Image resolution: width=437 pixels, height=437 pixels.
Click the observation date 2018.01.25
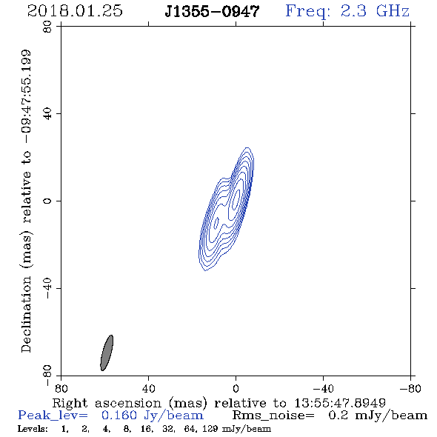pyautogui.click(x=75, y=11)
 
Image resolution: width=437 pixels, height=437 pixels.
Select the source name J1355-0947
pyautogui.click(x=212, y=12)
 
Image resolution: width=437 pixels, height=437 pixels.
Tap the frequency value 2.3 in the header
pyautogui.click(x=353, y=11)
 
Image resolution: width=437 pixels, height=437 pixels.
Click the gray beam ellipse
pyautogui.click(x=107, y=353)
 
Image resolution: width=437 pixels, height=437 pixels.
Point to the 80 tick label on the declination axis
pyautogui.click(x=47, y=27)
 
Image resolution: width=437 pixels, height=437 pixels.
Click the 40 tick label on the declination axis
pyautogui.click(x=47, y=114)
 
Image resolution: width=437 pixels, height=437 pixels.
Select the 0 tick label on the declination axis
pyautogui.click(x=47, y=201)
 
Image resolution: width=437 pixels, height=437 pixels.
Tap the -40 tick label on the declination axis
pyautogui.click(x=47, y=288)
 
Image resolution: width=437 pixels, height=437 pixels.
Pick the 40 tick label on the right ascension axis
pyautogui.click(x=148, y=388)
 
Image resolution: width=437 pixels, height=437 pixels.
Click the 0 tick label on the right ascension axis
pyautogui.click(x=236, y=388)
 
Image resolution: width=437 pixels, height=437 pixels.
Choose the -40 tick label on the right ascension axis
pyautogui.click(x=323, y=388)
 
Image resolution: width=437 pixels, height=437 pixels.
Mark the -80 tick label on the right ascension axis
pyautogui.click(x=410, y=388)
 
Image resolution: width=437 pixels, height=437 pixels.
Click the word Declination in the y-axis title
pyautogui.click(x=26, y=315)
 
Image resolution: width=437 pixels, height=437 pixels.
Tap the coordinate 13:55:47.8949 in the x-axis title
pyautogui.click(x=340, y=403)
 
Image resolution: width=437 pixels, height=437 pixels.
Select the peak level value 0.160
pyautogui.click(x=119, y=416)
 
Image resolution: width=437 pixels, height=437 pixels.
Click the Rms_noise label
pyautogui.click(x=273, y=416)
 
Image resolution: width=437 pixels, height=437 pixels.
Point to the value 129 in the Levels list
pyautogui.click(x=210, y=429)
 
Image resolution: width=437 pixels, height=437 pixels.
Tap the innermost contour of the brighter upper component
pyautogui.click(x=236, y=199)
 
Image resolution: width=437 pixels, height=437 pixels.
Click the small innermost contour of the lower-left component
pyautogui.click(x=216, y=224)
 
